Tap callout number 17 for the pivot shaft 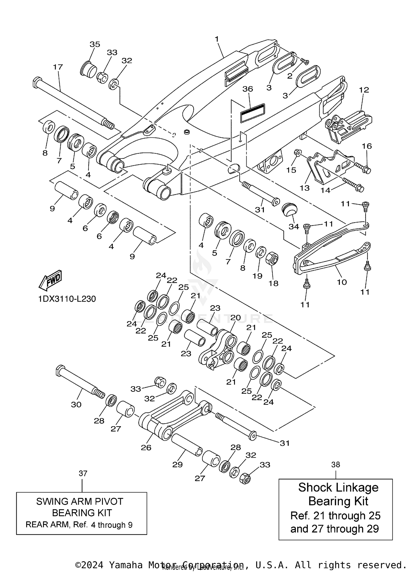58,67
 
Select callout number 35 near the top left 95,44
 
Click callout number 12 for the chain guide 364,90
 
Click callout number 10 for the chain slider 342,282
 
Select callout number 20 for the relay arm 235,318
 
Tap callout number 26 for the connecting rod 146,447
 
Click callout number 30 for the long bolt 76,404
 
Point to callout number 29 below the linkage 177,464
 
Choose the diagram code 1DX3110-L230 67,299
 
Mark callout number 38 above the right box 336,464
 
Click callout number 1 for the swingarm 217,39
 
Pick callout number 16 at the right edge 367,146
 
